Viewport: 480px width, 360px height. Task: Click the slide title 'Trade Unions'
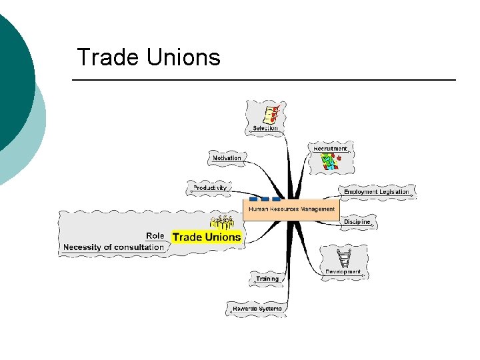point(148,57)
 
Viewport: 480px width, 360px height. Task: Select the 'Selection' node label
point(265,128)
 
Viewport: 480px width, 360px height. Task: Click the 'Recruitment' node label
point(331,148)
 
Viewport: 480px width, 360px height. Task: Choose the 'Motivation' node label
point(227,158)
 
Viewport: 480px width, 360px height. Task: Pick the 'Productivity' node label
point(210,188)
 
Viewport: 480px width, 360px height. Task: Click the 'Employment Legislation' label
point(377,192)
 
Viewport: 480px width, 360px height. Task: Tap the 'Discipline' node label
point(357,222)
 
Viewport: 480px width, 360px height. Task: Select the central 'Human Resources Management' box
point(292,209)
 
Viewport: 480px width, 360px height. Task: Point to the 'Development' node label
point(343,272)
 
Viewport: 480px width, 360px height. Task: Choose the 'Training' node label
point(267,279)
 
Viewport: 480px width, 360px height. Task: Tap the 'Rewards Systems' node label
point(257,309)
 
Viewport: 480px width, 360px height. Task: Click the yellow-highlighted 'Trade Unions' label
point(207,237)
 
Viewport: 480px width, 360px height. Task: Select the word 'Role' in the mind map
point(155,235)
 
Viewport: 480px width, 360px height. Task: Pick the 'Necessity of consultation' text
point(113,247)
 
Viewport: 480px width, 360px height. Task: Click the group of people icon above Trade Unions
point(222,223)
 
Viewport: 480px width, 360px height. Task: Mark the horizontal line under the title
point(263,80)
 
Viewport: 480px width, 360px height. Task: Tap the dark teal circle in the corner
point(13,80)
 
